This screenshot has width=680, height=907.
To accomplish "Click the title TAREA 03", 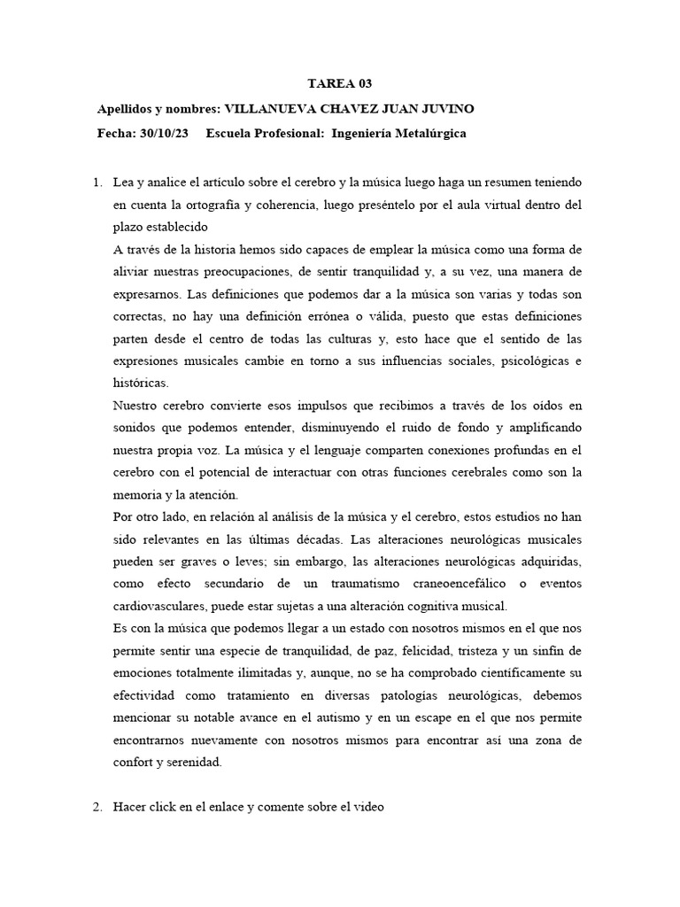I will pyautogui.click(x=339, y=84).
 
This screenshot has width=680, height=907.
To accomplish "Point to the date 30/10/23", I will pyautogui.click(x=165, y=134).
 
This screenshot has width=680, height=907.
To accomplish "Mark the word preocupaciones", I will pyautogui.click(x=233, y=271).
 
